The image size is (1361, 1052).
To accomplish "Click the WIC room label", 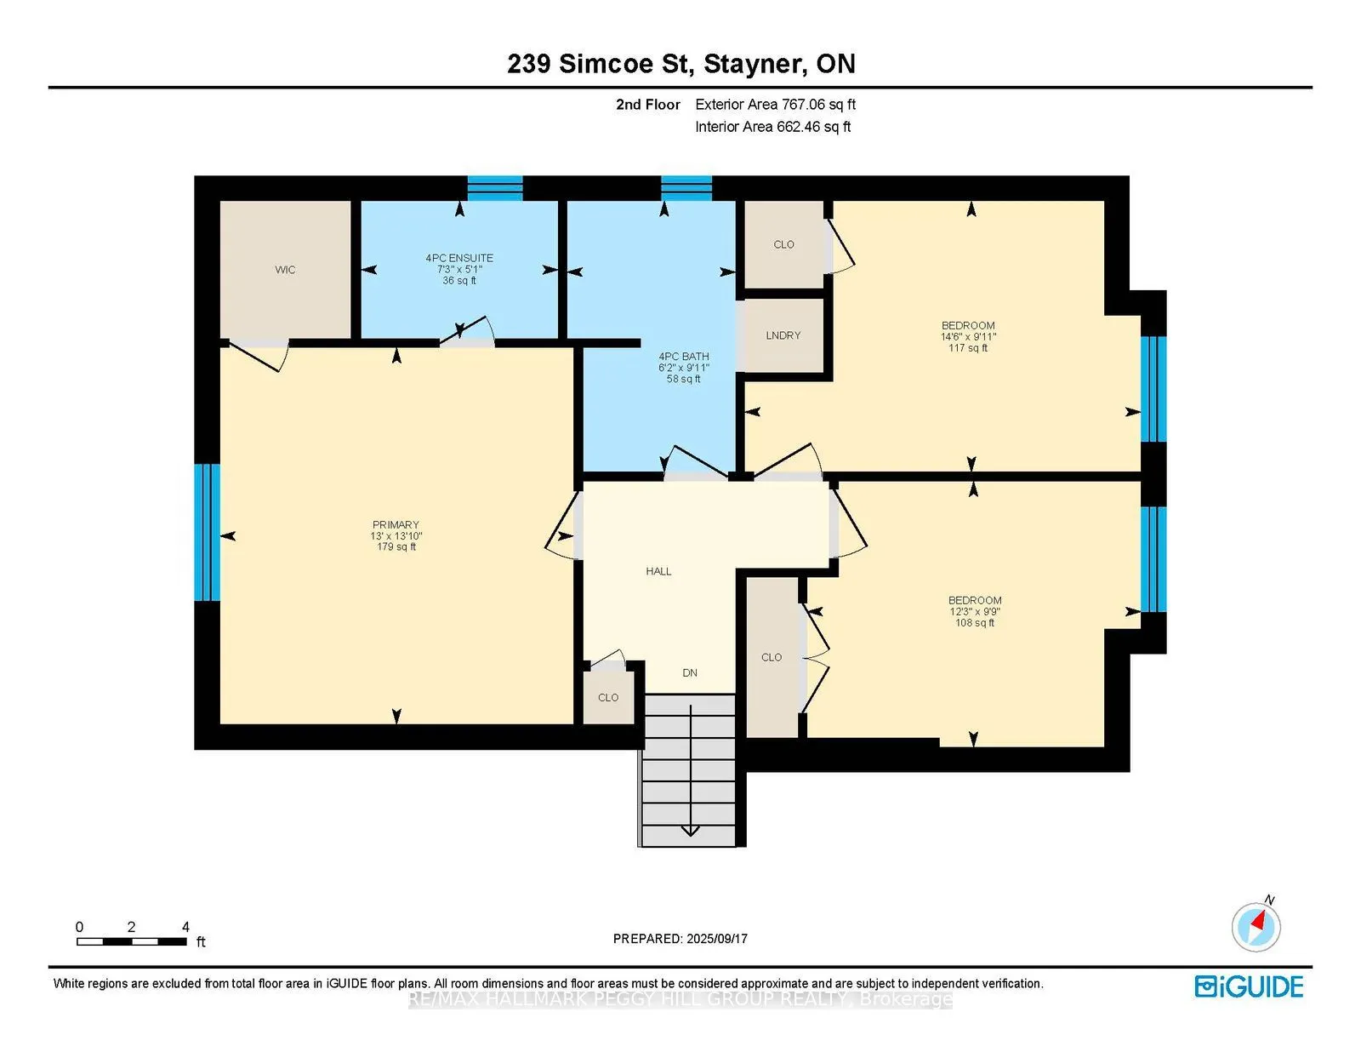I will click(285, 270).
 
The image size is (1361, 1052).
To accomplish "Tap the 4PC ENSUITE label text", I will click(459, 258).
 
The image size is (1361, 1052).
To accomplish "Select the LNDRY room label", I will click(783, 335).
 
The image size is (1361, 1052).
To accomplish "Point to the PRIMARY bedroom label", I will click(396, 525).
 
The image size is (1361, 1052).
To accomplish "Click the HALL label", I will click(658, 572).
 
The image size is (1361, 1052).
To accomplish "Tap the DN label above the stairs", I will click(690, 673).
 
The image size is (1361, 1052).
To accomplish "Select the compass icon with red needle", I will click(1256, 926).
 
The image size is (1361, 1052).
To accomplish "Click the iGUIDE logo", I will click(1249, 986).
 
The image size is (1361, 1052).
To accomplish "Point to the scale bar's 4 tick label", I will click(185, 927).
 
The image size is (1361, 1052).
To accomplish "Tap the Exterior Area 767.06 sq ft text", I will click(775, 105).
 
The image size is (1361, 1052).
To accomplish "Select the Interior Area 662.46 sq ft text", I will click(772, 127).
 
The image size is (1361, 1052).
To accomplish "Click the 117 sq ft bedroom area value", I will click(968, 348).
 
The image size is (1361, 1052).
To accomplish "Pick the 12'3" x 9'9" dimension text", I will click(975, 612).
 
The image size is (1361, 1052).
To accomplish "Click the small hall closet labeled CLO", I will click(608, 698).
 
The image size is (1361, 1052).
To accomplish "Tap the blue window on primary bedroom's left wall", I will click(207, 532).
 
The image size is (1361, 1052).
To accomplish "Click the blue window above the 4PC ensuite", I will click(495, 187).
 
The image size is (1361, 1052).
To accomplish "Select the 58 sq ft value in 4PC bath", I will click(683, 380).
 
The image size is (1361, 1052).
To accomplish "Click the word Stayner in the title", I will click(752, 64).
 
